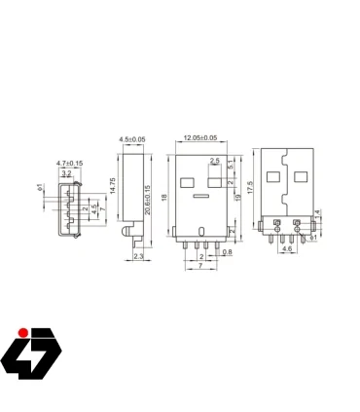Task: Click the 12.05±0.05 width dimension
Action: tap(201, 138)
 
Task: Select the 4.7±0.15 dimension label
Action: tap(69, 162)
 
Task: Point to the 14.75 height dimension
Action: tap(113, 186)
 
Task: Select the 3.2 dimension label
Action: tap(67, 172)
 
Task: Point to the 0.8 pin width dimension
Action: tap(227, 252)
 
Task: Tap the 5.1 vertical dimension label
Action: tap(230, 166)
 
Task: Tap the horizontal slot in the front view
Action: tap(201, 197)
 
